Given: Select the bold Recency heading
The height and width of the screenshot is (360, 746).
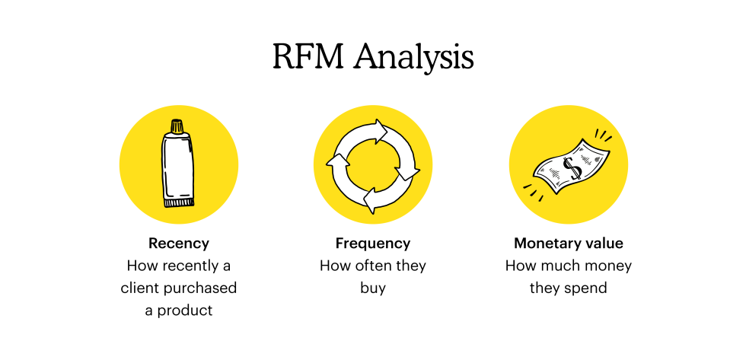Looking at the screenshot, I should tap(179, 244).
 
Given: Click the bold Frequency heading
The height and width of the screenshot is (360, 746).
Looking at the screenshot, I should tap(373, 244).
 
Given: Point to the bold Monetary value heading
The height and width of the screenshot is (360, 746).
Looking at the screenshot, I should tap(569, 244).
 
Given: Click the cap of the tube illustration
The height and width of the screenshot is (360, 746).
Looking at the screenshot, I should tap(177, 126).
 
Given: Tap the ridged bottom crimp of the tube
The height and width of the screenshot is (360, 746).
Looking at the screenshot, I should tap(180, 202).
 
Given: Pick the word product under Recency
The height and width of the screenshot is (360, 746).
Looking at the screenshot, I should tap(186, 311).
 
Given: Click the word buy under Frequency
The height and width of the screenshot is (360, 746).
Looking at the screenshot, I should tap(373, 288).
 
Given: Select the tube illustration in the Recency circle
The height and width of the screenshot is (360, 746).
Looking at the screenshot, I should tap(178, 164).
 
